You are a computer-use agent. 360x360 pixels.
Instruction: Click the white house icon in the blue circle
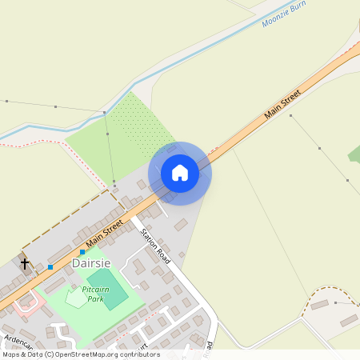point(180,172)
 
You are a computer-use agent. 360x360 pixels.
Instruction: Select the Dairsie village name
point(91,262)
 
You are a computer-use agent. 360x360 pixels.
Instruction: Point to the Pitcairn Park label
point(94,294)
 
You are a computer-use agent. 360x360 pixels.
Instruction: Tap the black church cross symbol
point(24,262)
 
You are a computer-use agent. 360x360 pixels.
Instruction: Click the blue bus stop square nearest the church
point(50,266)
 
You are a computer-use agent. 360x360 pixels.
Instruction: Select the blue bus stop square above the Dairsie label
point(82,252)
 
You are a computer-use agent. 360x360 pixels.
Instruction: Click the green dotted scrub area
point(140,120)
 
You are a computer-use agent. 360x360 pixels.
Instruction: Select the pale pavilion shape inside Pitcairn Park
point(74,298)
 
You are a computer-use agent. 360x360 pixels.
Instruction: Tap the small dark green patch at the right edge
point(354,153)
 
